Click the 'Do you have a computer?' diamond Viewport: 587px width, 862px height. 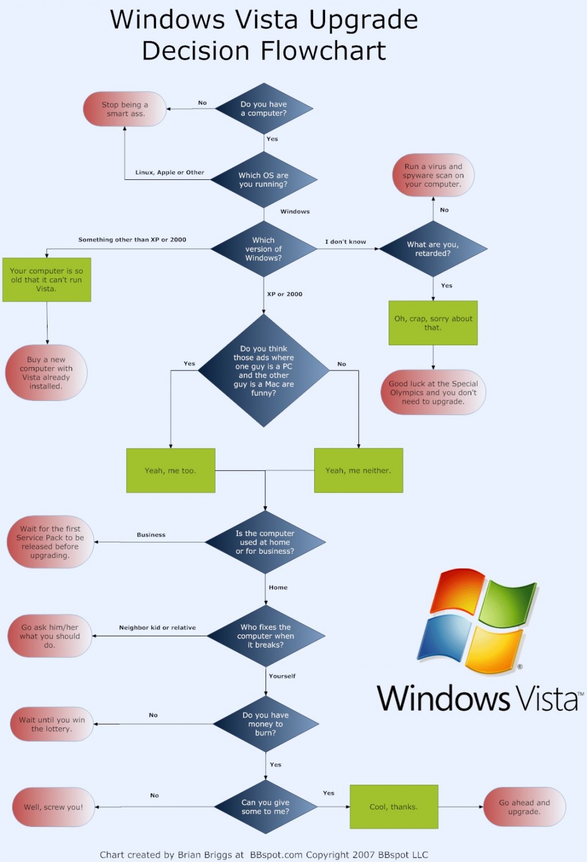264,109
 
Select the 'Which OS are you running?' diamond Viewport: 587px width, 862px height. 264,180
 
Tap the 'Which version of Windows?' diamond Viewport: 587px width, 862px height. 264,249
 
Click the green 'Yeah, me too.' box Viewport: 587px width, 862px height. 171,470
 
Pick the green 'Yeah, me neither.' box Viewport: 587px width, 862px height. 358,470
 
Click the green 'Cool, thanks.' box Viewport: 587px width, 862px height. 394,806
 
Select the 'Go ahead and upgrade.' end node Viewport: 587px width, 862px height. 525,807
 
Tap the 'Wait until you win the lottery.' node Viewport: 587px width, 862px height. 52,724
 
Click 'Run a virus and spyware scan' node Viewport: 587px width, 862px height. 433,175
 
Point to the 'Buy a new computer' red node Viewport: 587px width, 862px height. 46,373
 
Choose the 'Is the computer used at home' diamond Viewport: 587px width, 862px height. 265,542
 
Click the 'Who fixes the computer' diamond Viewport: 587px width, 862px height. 266,636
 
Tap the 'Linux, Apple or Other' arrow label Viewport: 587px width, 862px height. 170,172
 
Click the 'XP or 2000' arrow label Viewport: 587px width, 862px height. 284,294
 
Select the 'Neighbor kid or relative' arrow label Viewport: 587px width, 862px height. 157,628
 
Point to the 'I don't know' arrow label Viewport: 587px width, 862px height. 346,242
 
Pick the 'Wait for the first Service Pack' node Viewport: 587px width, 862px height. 50,542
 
